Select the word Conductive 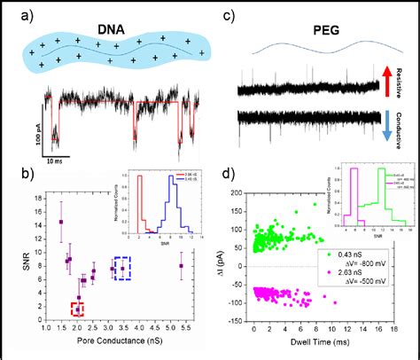pyautogui.click(x=409, y=126)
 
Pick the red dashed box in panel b pyautogui.click(x=79, y=308)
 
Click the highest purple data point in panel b pyautogui.click(x=61, y=222)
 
